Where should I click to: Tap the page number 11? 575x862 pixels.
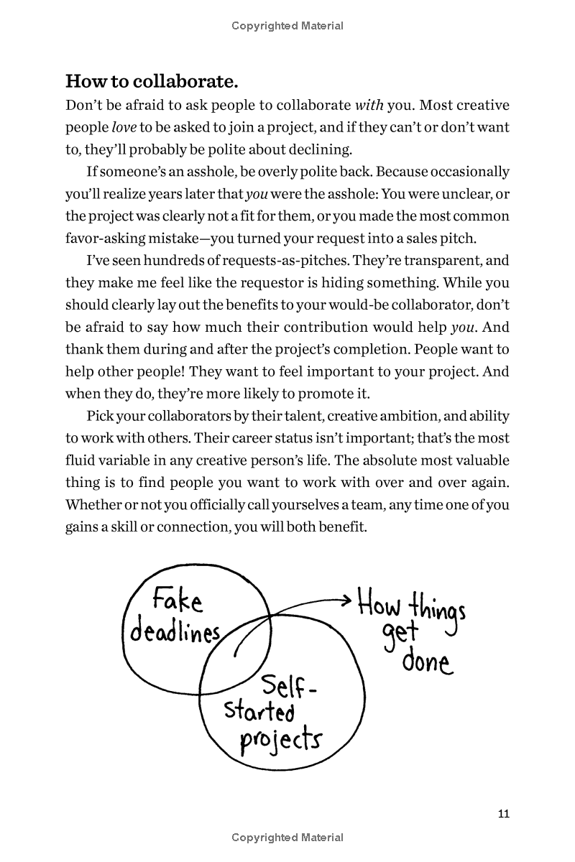click(503, 813)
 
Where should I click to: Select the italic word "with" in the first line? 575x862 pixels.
click(369, 105)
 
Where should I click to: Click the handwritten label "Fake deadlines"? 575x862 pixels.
click(175, 615)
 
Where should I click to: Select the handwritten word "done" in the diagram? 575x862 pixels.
click(428, 661)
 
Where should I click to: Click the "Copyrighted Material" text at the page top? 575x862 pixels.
click(287, 26)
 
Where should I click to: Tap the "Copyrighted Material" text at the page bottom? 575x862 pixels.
click(287, 838)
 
